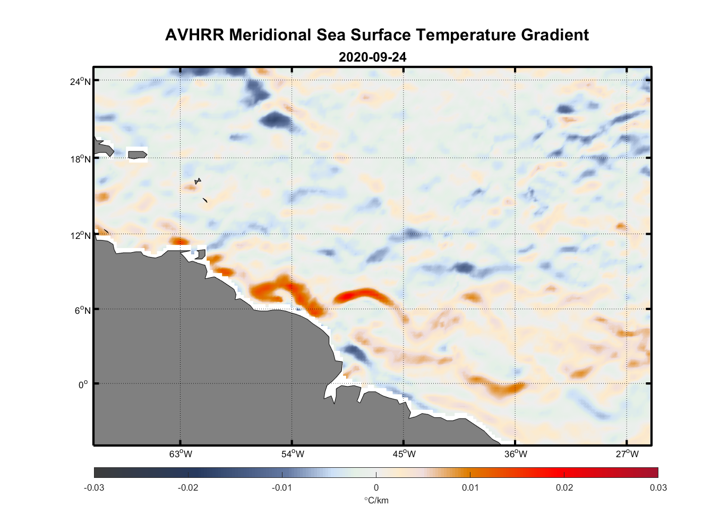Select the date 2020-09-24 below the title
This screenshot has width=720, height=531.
[x=372, y=57]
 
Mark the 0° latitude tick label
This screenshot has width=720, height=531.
[x=83, y=384]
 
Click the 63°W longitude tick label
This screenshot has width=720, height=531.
[x=181, y=454]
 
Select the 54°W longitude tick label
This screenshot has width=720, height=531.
[x=293, y=454]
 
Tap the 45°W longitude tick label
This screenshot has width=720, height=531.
[x=404, y=454]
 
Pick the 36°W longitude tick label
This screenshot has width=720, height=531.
[x=516, y=454]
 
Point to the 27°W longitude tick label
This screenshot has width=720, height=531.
[x=627, y=454]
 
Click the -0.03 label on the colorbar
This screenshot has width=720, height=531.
[x=94, y=488]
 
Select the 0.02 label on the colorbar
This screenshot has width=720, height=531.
[x=564, y=488]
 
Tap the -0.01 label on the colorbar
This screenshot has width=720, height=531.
[x=281, y=488]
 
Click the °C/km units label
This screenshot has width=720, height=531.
[x=376, y=500]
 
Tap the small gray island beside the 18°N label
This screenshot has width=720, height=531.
[x=138, y=155]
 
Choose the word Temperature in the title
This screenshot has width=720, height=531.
[x=466, y=35]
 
